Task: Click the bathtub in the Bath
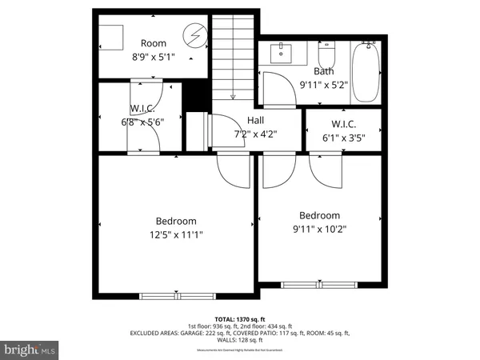point(367,73)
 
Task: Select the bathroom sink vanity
point(282,54)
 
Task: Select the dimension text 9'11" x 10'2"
point(319,230)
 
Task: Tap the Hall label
point(255,120)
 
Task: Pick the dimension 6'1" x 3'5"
point(342,138)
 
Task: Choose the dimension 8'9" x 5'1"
point(153,58)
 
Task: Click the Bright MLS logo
point(30,350)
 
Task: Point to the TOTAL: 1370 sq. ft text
point(240,318)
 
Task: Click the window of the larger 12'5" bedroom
point(166,296)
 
